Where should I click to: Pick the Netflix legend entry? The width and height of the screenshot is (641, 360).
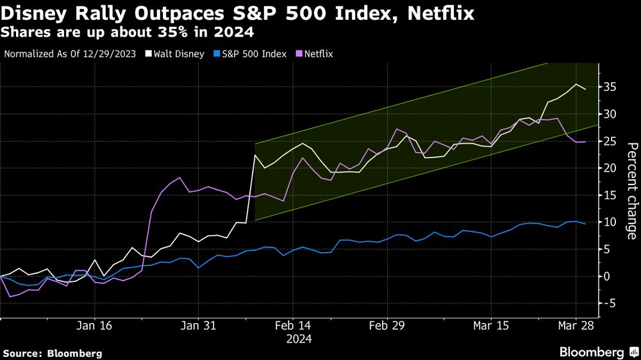point(313,54)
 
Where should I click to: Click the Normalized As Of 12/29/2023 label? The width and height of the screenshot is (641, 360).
point(69,54)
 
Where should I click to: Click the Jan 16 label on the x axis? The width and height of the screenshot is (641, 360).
point(95,326)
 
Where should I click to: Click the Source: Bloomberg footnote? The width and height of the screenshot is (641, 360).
point(53,353)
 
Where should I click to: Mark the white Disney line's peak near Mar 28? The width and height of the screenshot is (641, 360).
point(576,85)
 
